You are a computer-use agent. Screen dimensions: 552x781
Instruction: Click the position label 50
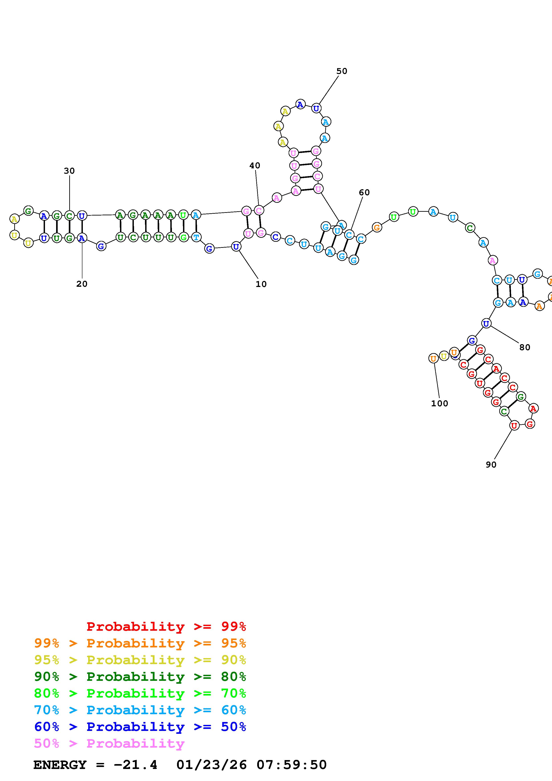tap(342, 71)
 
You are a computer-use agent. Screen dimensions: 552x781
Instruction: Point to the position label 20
tap(82, 284)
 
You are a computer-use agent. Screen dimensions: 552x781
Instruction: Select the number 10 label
tap(261, 284)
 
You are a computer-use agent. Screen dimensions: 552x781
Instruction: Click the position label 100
tap(439, 403)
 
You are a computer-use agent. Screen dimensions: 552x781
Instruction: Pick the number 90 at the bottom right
tap(491, 465)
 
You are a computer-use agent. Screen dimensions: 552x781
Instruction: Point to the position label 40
tap(255, 166)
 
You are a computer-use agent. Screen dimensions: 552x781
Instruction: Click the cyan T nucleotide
tap(196, 237)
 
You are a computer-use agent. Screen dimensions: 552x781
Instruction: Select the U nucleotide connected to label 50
tap(316, 108)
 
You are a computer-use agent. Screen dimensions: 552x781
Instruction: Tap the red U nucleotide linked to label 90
tap(514, 425)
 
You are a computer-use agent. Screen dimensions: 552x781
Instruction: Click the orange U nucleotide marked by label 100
tap(433, 358)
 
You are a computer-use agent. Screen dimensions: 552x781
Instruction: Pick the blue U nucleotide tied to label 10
tap(236, 247)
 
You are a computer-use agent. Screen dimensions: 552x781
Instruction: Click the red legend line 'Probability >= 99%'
tap(166, 626)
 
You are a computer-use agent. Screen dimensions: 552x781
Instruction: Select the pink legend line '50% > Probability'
tap(109, 744)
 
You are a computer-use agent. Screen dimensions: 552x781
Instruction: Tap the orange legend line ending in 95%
tap(140, 643)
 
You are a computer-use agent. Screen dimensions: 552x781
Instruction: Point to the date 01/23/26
tap(211, 765)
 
